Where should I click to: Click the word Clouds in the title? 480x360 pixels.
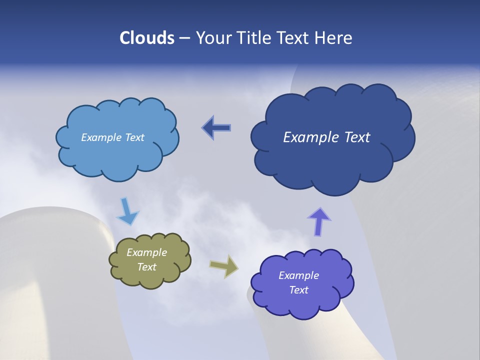[147, 38]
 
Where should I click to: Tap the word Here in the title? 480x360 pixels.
[334, 38]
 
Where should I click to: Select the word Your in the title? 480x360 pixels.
[214, 38]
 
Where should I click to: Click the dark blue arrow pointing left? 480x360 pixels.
[216, 128]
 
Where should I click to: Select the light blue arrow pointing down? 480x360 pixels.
[127, 211]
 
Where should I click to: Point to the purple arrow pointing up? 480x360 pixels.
[319, 221]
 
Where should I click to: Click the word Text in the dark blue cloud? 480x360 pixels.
[356, 137]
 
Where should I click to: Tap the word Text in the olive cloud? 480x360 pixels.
[146, 267]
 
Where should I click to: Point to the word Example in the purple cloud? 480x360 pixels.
[298, 275]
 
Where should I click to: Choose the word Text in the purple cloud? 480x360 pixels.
[298, 290]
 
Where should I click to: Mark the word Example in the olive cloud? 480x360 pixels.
[146, 252]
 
